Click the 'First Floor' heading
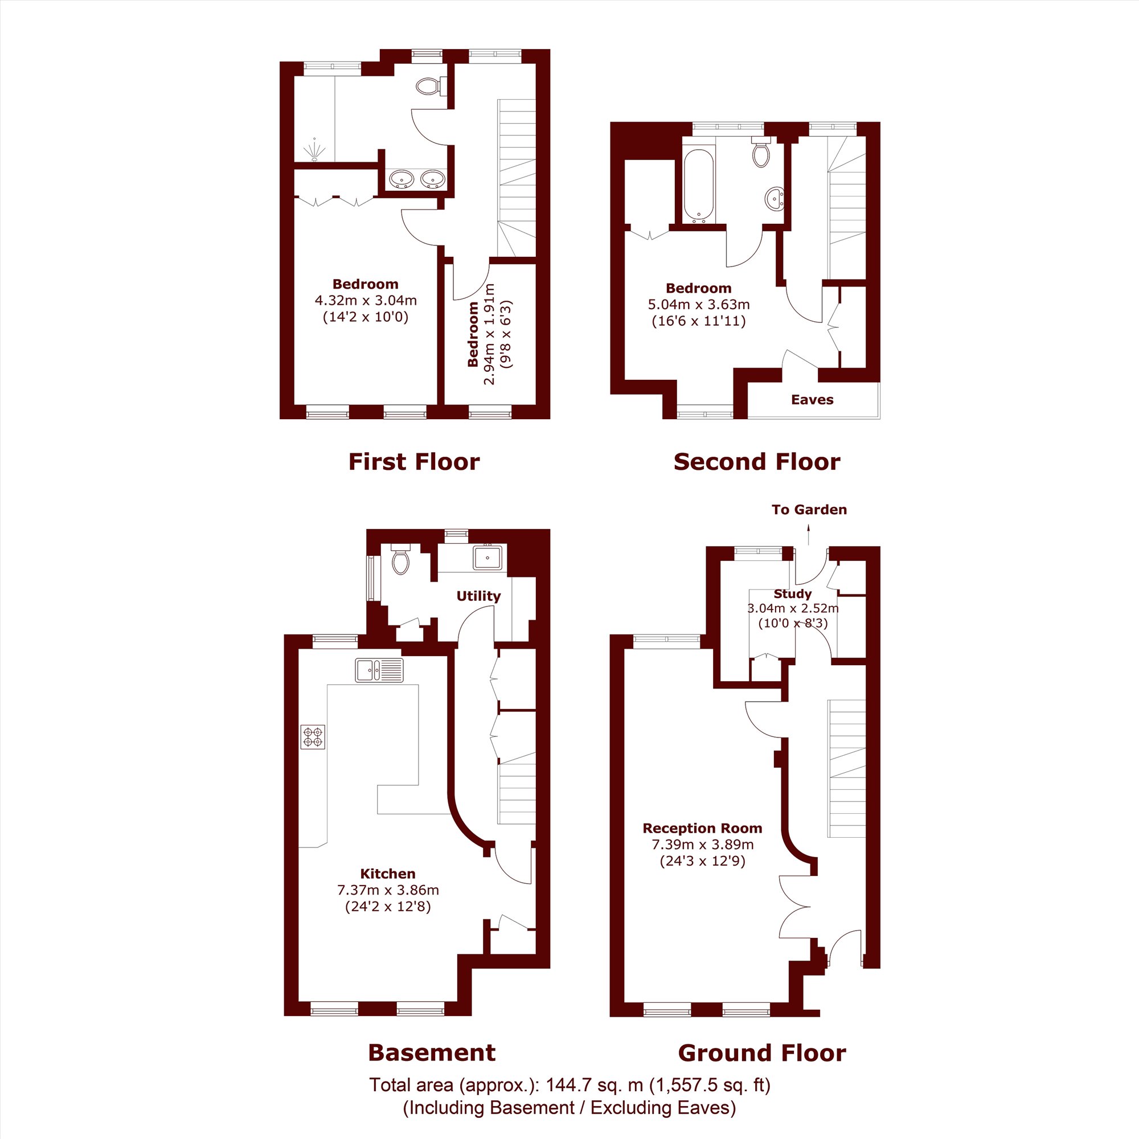(x=414, y=462)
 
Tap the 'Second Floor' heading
(x=757, y=462)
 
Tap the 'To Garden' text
(x=809, y=509)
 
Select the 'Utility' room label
(x=478, y=596)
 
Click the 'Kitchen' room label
(x=388, y=874)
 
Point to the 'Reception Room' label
(x=702, y=828)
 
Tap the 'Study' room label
(x=792, y=593)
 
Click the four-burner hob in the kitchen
(x=313, y=737)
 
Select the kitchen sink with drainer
(x=379, y=670)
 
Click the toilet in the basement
(x=400, y=559)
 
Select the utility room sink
(x=487, y=556)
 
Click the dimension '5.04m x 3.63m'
(x=699, y=305)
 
